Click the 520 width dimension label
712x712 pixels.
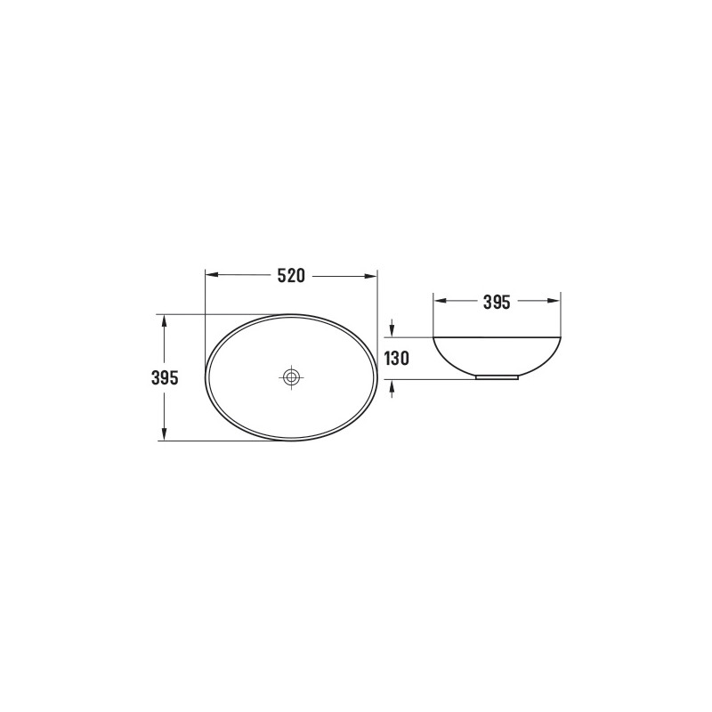291,276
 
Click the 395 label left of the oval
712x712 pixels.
166,377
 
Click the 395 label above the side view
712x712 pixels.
497,302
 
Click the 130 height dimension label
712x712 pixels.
396,359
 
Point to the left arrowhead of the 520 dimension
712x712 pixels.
211,276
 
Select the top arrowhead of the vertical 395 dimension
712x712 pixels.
165,320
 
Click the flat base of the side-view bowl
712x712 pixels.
498,377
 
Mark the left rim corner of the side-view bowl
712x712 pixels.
434,337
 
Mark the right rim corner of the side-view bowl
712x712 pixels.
561,337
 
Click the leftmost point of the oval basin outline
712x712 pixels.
206,377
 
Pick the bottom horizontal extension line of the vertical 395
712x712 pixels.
222,441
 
